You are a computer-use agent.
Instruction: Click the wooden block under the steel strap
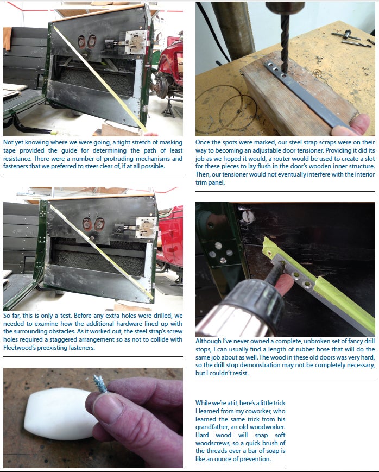pos(301,96)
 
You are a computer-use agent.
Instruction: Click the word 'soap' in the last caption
pos(278,451)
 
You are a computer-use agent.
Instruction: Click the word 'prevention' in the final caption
pos(255,460)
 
